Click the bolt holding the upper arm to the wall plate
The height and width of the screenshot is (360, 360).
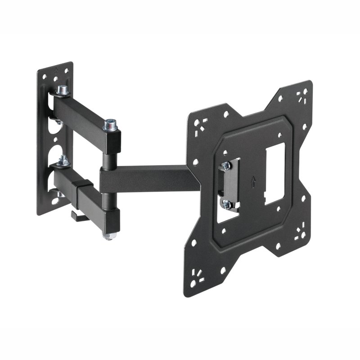click(x=62, y=90)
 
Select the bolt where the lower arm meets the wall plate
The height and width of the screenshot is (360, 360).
click(x=63, y=160)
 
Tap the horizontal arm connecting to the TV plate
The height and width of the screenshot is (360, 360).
click(x=148, y=178)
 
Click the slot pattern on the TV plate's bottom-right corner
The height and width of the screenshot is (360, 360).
click(x=299, y=233)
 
